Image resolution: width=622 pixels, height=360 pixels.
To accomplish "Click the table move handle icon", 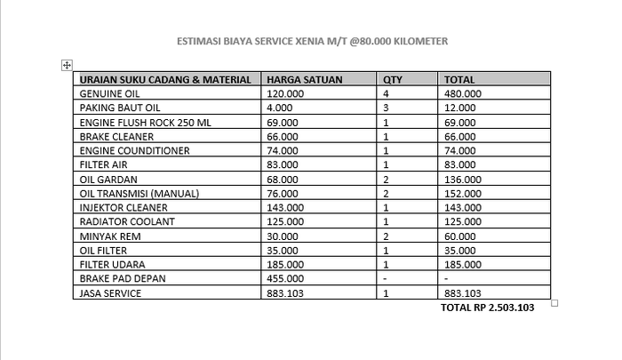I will coord(67,65).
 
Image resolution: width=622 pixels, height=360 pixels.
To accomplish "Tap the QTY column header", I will coord(392,79).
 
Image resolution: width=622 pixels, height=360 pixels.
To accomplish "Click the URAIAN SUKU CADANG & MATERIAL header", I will coord(165,79).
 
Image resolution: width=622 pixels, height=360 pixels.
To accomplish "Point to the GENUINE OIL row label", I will coord(110,92).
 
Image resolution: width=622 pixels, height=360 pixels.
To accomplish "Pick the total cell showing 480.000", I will coord(462,92).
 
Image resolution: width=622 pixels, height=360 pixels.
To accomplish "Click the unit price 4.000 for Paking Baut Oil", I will coord(281,107).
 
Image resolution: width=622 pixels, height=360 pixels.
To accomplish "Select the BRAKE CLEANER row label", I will coord(116,137).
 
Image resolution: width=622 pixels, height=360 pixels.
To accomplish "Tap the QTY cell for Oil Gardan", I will coord(386,179).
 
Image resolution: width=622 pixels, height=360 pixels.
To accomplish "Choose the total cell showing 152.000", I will coord(462,193).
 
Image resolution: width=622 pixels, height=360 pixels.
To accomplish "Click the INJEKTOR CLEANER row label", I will coord(124,207).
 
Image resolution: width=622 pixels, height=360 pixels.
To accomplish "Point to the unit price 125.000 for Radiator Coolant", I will coord(286,221).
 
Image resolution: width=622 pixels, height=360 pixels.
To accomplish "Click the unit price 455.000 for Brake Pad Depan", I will coord(286,278).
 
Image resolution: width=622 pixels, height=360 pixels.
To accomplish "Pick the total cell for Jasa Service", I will coord(462,293).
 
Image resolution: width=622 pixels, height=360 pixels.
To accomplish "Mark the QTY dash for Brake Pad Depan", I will coord(385,278).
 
